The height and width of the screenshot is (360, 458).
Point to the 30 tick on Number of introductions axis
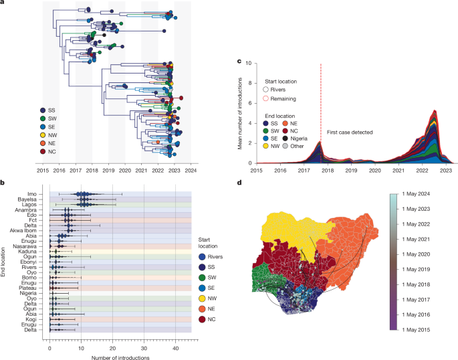point(144,339)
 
